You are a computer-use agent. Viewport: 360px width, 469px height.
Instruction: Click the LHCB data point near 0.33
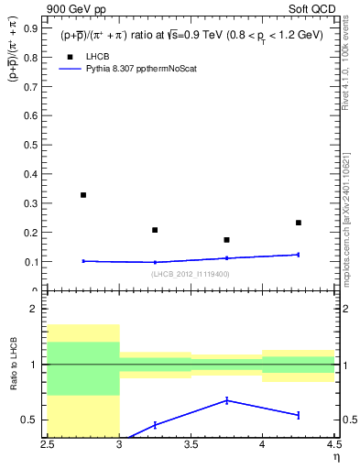83,195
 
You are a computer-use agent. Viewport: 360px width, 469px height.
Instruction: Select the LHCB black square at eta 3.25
155,230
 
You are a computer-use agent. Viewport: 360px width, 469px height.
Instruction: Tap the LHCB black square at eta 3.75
226,240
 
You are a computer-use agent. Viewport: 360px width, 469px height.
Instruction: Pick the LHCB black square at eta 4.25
298,223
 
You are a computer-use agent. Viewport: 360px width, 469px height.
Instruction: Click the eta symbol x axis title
335,456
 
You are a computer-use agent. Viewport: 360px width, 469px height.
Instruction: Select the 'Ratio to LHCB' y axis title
12,365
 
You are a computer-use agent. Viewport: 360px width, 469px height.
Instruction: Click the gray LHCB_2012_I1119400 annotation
191,274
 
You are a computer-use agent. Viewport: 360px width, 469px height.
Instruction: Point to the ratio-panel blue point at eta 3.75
226,400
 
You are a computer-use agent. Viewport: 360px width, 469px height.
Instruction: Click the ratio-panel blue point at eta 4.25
298,415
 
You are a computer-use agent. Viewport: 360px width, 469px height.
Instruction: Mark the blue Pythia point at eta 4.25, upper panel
298,255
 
